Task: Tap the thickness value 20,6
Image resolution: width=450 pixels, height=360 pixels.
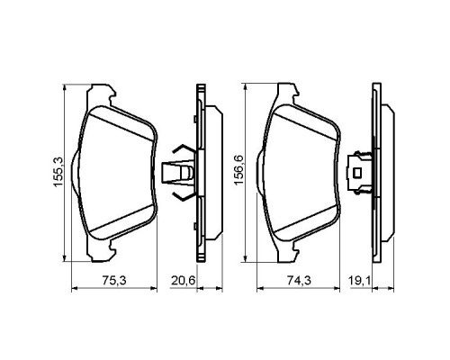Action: pyautogui.click(x=184, y=280)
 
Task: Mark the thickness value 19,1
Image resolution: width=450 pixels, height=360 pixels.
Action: pyautogui.click(x=363, y=280)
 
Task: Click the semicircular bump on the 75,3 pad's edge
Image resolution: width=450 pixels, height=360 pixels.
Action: pyautogui.click(x=76, y=168)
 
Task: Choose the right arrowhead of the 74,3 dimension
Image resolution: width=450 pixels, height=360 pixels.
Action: pyautogui.click(x=345, y=289)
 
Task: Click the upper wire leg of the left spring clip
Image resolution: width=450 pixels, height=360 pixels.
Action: pyautogui.click(x=178, y=148)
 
